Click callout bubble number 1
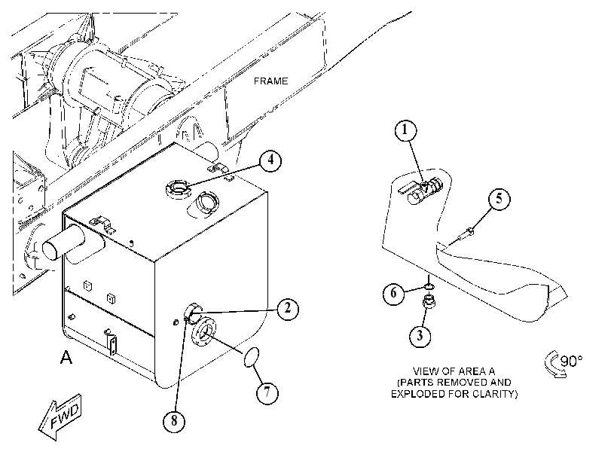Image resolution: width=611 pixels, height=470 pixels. (x=405, y=130)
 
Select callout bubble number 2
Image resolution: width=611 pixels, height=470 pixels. (x=288, y=309)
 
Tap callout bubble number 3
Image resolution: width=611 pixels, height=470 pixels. (x=420, y=335)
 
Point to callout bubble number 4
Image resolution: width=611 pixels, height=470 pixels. (x=270, y=160)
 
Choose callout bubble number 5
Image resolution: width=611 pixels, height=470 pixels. (x=499, y=199)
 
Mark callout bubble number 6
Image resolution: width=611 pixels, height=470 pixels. (x=393, y=293)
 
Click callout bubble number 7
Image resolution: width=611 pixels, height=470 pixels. (x=267, y=392)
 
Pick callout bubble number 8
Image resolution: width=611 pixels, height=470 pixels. (x=174, y=421)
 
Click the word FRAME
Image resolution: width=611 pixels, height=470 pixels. (x=270, y=81)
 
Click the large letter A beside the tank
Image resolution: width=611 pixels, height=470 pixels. (x=66, y=357)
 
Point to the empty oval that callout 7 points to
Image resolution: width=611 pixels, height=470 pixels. (x=252, y=357)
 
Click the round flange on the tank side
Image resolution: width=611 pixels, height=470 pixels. (x=203, y=331)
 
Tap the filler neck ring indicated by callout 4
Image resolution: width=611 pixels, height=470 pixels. (x=178, y=188)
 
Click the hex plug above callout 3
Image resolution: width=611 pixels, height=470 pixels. (x=429, y=303)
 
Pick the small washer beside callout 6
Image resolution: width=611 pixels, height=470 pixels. (x=429, y=287)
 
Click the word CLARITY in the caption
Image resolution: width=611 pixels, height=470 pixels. (x=496, y=394)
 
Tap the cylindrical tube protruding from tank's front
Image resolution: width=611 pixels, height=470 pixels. (x=63, y=243)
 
